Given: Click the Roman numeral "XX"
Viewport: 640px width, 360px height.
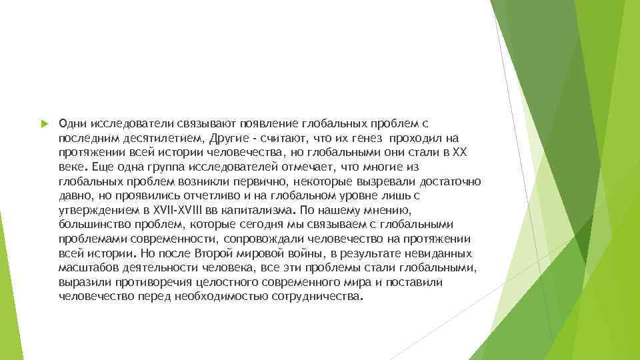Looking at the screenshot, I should [460, 153].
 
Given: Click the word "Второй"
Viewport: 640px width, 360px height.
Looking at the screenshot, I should [215, 253].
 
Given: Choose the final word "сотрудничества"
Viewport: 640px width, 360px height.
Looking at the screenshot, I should [316, 297].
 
